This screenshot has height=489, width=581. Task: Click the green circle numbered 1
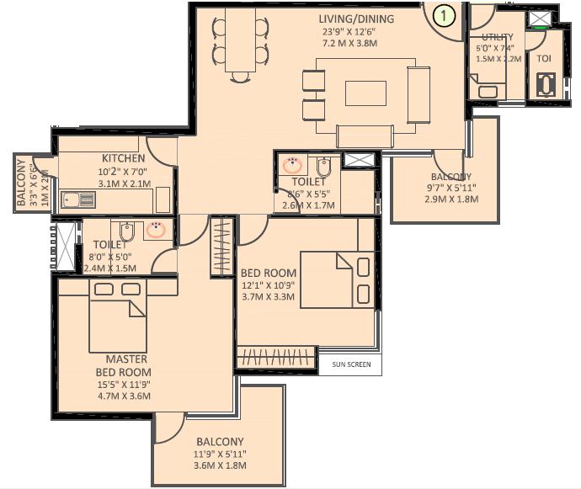tap(444, 14)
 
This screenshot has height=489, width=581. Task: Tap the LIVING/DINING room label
tap(357, 19)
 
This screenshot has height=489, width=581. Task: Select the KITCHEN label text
tap(124, 158)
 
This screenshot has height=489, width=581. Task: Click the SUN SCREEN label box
tap(350, 364)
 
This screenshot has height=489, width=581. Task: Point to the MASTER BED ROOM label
tap(128, 365)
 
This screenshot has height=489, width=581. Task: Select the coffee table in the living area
tap(365, 93)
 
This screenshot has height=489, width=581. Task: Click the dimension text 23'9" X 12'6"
tap(357, 32)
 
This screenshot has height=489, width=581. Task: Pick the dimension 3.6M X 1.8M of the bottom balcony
tap(220, 465)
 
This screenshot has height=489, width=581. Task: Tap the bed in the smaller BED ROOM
tap(336, 280)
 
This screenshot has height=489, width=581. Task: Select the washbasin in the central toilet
tap(292, 165)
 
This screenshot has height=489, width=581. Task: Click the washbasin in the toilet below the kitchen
tap(155, 229)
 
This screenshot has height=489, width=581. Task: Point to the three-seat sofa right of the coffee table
tap(418, 94)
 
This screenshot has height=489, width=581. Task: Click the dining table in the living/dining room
tap(241, 42)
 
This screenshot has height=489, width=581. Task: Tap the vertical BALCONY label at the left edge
tap(22, 183)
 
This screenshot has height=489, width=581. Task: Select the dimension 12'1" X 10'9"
tap(269, 286)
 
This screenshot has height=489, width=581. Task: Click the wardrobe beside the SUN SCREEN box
tap(275, 358)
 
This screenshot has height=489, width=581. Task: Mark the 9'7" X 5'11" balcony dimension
tap(451, 187)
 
